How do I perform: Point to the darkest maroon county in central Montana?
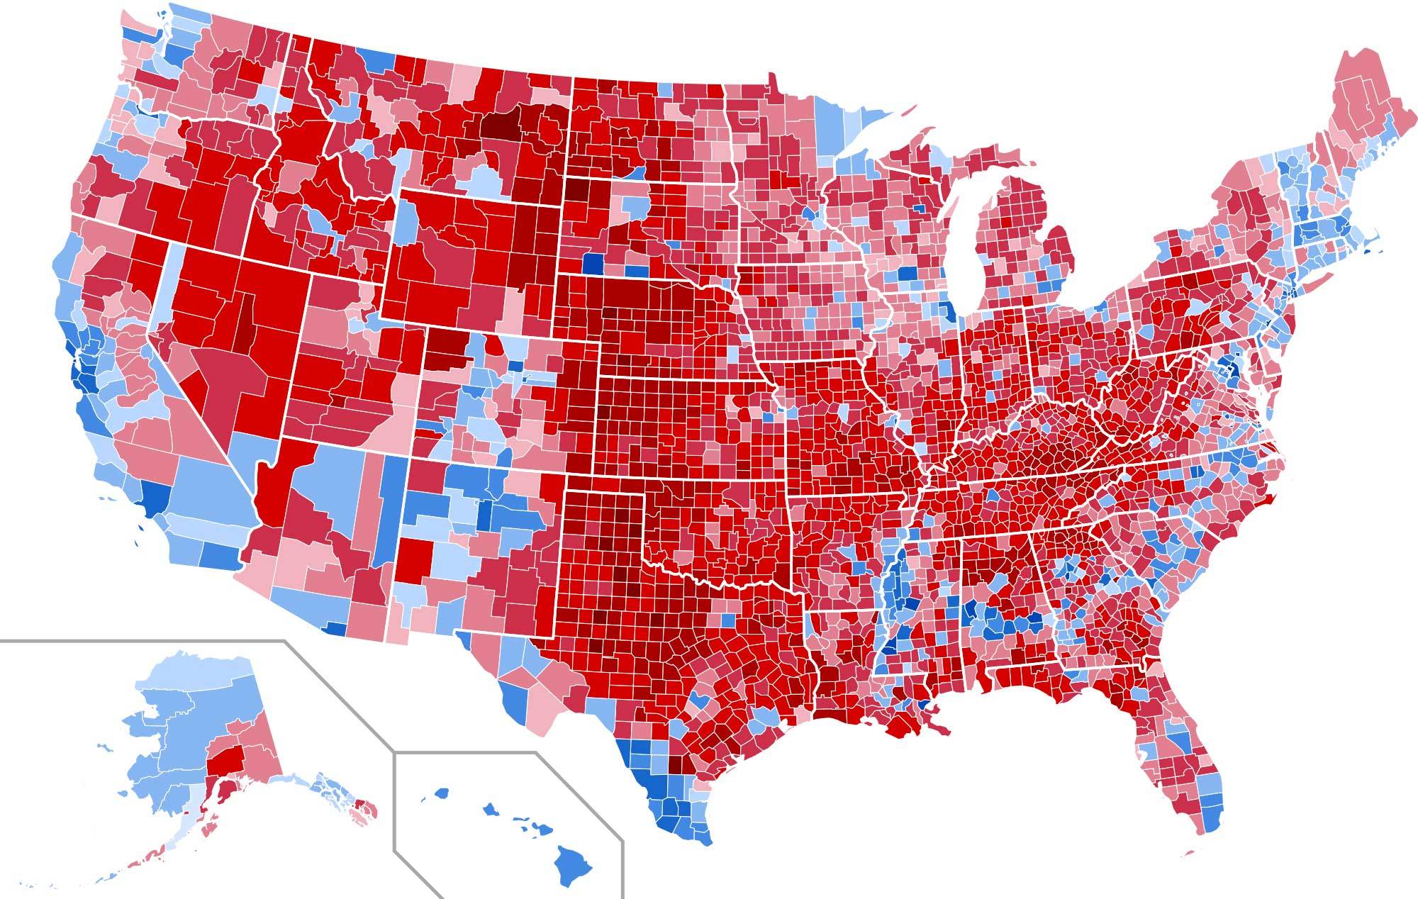[x=502, y=128]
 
